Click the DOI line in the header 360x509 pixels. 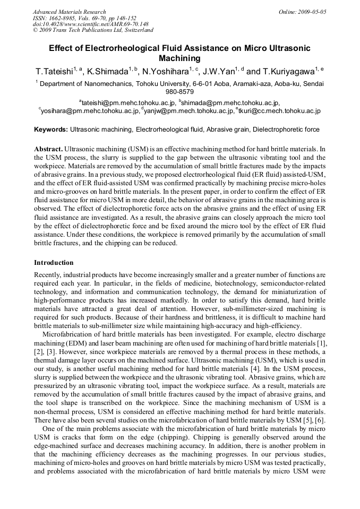[x=90, y=24]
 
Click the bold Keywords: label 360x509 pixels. [x=51, y=129]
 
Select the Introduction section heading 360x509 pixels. [x=54, y=262]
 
